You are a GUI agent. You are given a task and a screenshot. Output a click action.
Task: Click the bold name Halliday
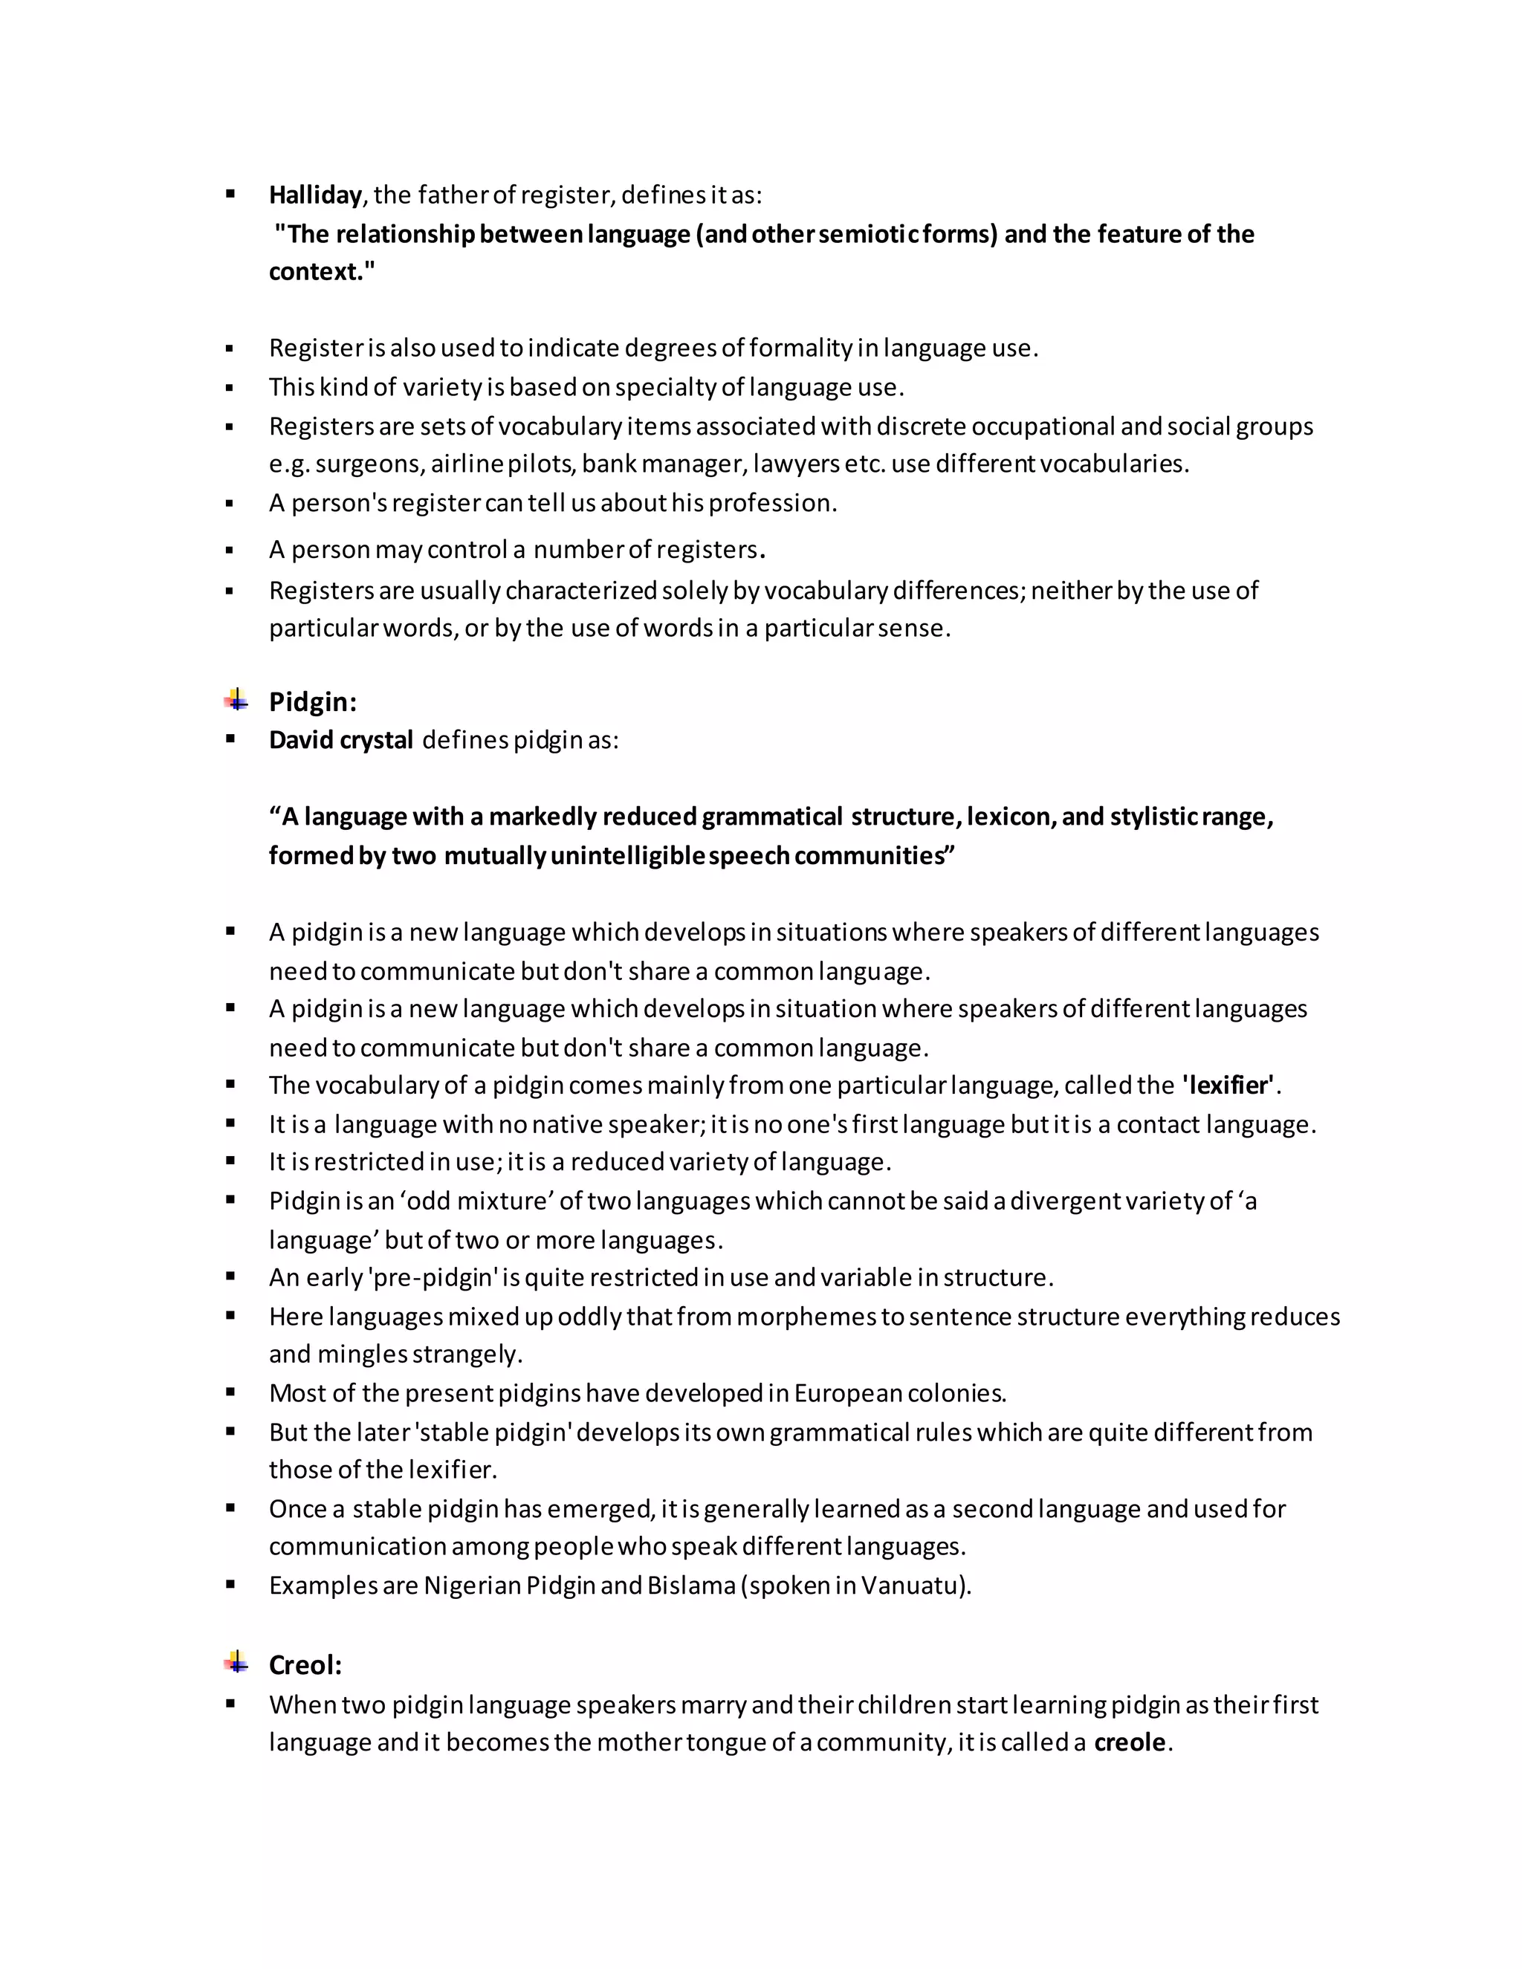click(314, 195)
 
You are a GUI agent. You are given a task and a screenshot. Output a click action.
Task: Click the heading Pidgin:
click(312, 701)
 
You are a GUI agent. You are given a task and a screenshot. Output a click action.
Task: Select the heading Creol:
click(305, 1664)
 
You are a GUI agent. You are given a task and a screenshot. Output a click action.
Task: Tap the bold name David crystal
click(341, 740)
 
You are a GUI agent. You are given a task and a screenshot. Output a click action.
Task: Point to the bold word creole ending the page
click(1130, 1742)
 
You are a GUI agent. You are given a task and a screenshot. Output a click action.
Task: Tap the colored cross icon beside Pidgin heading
click(236, 700)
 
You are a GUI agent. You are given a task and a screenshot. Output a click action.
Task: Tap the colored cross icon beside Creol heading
click(236, 1661)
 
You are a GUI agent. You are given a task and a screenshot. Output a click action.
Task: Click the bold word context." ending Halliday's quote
click(321, 271)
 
